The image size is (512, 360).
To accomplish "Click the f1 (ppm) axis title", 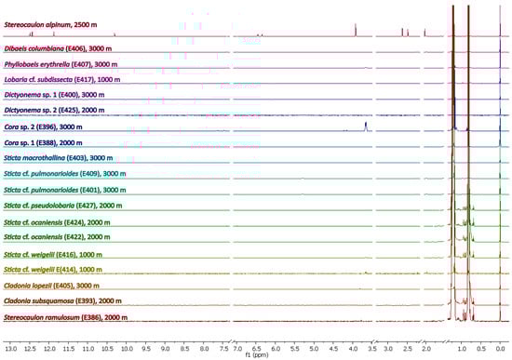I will point(255,354).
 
